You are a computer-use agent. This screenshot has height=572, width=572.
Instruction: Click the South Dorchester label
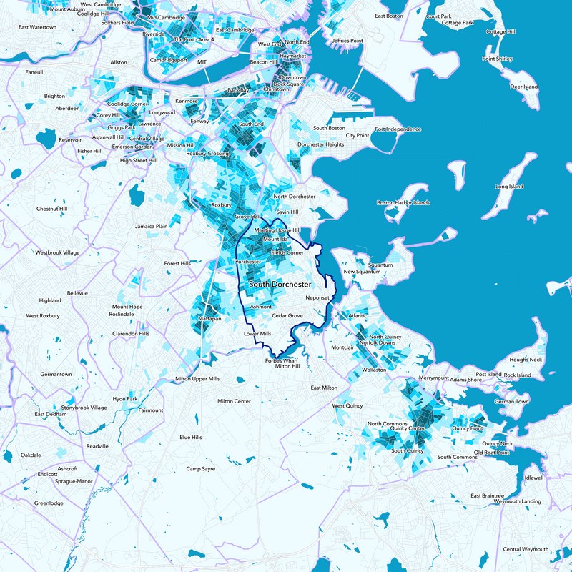pos(280,285)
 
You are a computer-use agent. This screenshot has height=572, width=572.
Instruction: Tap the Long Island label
pos(509,187)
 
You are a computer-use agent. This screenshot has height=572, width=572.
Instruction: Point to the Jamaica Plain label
pos(151,226)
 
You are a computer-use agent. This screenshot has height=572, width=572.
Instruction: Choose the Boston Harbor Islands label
pos(403,203)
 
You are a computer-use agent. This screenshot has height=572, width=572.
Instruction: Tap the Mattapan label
pos(209,317)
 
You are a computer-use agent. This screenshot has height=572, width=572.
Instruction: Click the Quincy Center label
pos(408,428)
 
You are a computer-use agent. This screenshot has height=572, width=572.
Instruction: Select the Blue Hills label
pos(191,437)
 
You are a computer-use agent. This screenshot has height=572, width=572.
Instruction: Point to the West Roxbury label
pos(45,315)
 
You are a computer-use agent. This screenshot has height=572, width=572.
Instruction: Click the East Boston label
pos(390,16)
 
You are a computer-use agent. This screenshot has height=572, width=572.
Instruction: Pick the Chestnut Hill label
pos(51,209)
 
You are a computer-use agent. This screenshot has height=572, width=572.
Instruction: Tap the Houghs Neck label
pos(526,359)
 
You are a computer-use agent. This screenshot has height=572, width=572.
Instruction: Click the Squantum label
pos(380,265)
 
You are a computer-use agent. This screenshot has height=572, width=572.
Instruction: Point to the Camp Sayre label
pos(200,469)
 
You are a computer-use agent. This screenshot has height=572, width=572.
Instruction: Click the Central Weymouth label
pos(526,549)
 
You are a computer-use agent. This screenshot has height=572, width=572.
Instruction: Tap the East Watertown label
pos(37,27)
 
